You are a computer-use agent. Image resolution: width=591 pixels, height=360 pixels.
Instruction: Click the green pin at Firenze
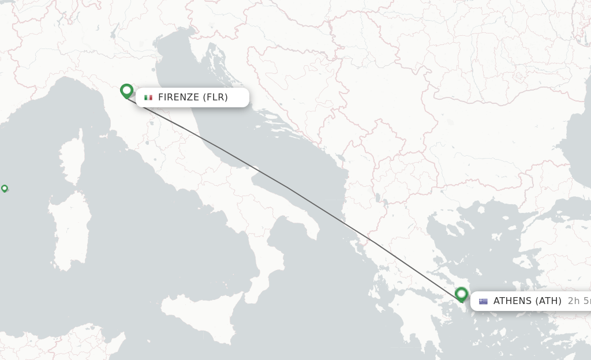click(126, 91)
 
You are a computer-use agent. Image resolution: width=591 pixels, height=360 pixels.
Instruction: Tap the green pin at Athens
click(461, 294)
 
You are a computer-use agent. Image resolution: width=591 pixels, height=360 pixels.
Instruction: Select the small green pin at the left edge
click(5, 188)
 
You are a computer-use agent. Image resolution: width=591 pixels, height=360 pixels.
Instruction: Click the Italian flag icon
click(148, 97)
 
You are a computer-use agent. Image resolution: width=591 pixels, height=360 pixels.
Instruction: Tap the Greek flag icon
click(483, 301)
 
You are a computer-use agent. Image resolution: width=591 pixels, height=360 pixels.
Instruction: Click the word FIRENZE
click(178, 97)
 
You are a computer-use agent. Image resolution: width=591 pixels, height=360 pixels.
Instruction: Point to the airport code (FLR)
click(215, 97)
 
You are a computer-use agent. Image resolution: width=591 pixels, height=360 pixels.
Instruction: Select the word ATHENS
click(513, 301)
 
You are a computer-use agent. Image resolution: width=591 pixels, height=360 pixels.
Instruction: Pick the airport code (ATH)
click(548, 301)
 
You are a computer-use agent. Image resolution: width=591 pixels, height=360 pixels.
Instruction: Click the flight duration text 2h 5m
click(579, 301)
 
